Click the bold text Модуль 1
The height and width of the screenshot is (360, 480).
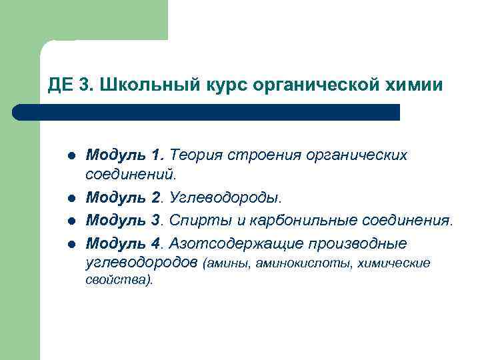pos(125,155)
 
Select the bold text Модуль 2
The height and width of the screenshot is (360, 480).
pos(125,198)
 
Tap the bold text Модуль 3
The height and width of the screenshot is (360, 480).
pos(125,219)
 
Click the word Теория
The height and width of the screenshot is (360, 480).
pos(197,155)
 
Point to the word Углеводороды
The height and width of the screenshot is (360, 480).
pos(226,198)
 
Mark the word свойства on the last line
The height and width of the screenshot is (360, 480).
pos(118,280)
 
